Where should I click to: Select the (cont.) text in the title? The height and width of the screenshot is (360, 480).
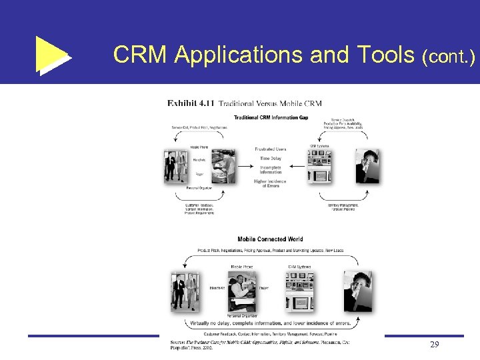(x=448, y=57)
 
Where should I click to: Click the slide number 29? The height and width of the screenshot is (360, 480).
(x=434, y=344)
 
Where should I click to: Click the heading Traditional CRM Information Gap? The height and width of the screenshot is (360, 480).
(x=270, y=118)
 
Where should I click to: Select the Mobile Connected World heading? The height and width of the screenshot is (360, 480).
(x=270, y=239)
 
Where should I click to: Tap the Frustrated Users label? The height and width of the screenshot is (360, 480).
(x=270, y=149)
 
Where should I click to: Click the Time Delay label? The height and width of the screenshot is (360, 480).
(x=270, y=159)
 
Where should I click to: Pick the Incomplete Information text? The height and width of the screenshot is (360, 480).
(x=270, y=169)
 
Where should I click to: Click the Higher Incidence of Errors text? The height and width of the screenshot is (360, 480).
(x=270, y=183)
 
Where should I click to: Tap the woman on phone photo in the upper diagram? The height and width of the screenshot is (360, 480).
(x=367, y=165)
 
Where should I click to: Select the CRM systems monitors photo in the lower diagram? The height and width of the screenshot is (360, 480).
(x=301, y=293)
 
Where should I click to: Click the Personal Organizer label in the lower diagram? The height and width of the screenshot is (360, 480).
(x=242, y=315)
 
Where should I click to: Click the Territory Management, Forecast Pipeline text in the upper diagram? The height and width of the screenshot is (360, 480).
(x=343, y=207)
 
